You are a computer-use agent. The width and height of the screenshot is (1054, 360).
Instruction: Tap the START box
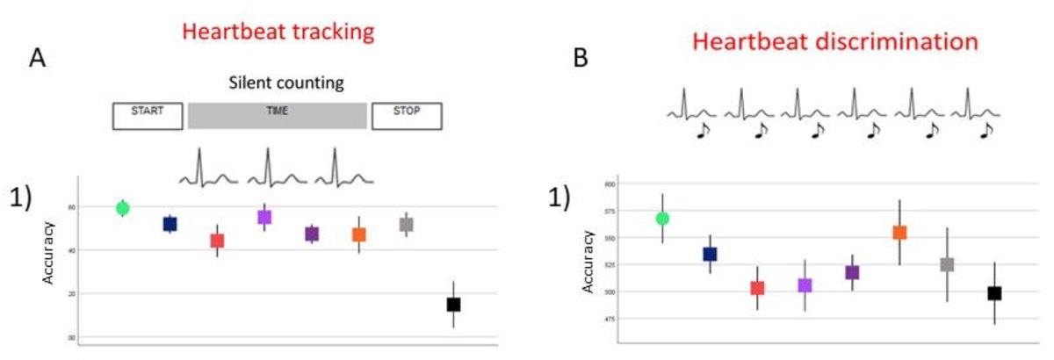[x=148, y=116]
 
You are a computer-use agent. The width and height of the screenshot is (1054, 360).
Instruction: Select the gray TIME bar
[x=278, y=116]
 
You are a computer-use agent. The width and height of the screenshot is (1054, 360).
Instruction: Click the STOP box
[x=406, y=116]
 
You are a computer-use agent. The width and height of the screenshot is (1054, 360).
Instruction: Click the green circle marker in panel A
[x=123, y=208]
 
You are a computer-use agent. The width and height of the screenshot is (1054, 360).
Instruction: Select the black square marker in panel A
[x=453, y=305]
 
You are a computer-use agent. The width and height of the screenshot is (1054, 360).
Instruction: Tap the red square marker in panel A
[x=217, y=241]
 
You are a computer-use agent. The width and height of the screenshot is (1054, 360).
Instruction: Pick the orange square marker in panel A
[x=358, y=234]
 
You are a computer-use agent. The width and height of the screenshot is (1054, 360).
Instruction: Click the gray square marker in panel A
[x=406, y=225]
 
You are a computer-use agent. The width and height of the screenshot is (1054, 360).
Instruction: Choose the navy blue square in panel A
[x=170, y=224]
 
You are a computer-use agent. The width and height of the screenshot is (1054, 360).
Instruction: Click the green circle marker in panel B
[x=662, y=218]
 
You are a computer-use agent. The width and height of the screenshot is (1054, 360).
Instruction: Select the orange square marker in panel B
[x=899, y=233]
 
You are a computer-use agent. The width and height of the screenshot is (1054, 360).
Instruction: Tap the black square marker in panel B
[x=994, y=293]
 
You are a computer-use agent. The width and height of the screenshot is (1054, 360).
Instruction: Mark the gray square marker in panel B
[x=947, y=264]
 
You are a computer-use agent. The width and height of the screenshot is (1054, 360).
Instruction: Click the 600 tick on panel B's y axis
[x=609, y=184]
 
